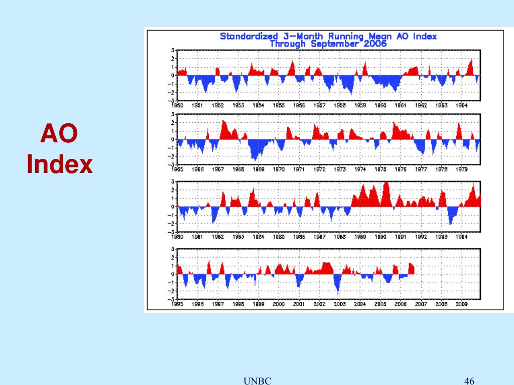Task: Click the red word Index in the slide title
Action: tap(60, 164)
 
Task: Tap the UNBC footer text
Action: tap(257, 381)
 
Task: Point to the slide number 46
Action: tap(470, 381)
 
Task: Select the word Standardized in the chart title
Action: tap(248, 36)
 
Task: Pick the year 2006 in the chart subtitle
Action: tap(376, 44)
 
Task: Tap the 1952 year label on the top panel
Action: tap(218, 106)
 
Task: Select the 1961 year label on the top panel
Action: tap(400, 106)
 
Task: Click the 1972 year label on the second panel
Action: tap(319, 169)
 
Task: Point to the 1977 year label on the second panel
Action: tap(421, 169)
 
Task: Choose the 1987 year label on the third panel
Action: tap(319, 237)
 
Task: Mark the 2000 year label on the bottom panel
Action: tap(279, 304)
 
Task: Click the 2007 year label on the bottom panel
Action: tap(421, 304)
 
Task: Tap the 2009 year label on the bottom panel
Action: tap(461, 304)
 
